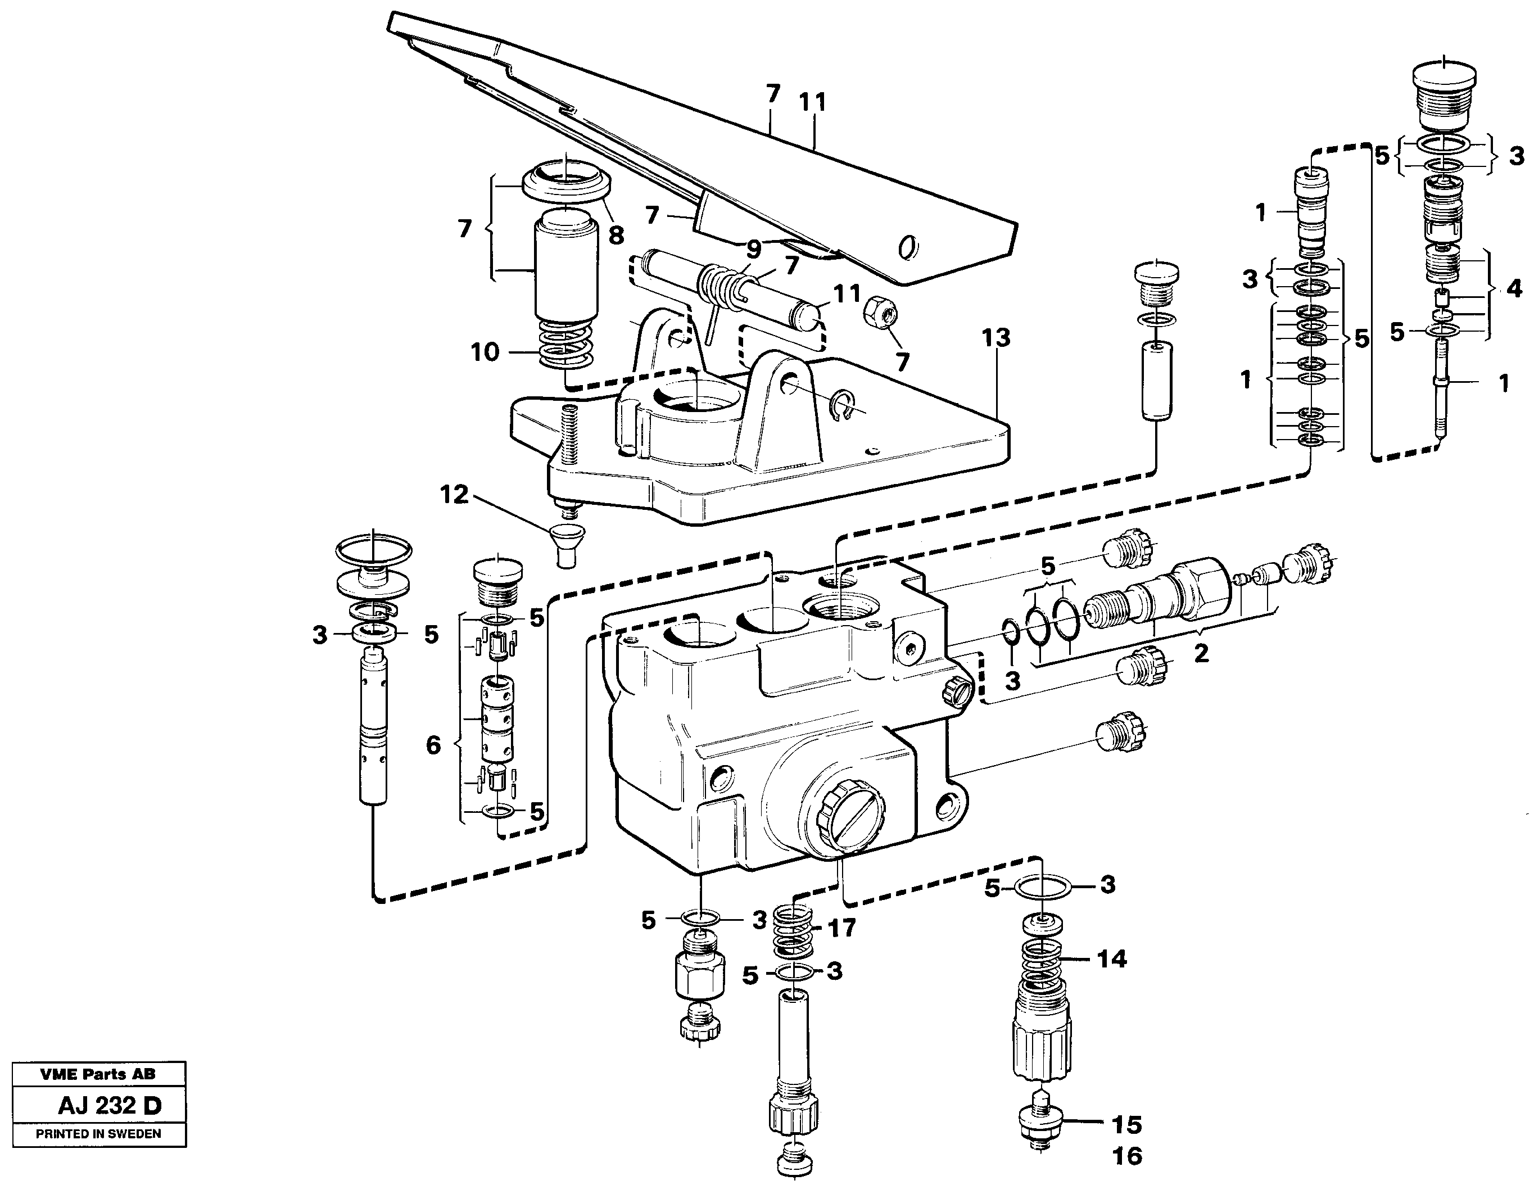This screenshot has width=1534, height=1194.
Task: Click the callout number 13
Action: pyautogui.click(x=996, y=338)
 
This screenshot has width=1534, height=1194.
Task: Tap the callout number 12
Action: pyautogui.click(x=454, y=495)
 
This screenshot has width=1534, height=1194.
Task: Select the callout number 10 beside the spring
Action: pyautogui.click(x=485, y=352)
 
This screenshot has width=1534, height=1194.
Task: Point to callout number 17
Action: pyautogui.click(x=841, y=928)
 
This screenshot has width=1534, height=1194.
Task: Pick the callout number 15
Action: pyautogui.click(x=1126, y=1124)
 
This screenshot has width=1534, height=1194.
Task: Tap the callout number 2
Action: pyautogui.click(x=1202, y=653)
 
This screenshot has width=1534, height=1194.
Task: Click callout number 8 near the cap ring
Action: pyautogui.click(x=616, y=236)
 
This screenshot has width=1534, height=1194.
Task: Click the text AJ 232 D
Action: pyautogui.click(x=110, y=1106)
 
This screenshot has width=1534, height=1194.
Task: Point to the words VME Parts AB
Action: pyautogui.click(x=98, y=1074)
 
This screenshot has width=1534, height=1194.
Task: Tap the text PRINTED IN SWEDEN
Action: pyautogui.click(x=98, y=1134)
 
